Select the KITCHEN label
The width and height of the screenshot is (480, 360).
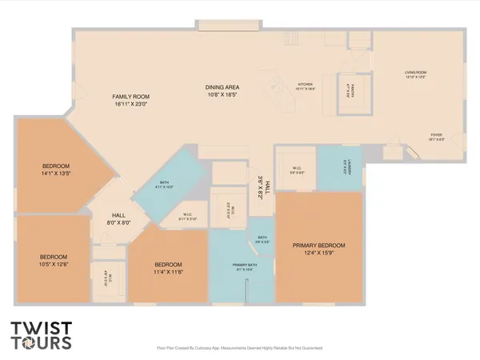(306, 84)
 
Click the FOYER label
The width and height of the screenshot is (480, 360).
(436, 134)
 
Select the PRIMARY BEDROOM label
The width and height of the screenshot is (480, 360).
(318, 245)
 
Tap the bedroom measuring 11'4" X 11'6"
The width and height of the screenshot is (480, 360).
(168, 270)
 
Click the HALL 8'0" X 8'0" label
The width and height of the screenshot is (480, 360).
(118, 218)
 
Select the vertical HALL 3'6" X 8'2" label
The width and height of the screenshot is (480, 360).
(264, 186)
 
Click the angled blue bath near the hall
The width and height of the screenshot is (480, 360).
(164, 186)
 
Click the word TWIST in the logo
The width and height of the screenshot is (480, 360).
(41, 328)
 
